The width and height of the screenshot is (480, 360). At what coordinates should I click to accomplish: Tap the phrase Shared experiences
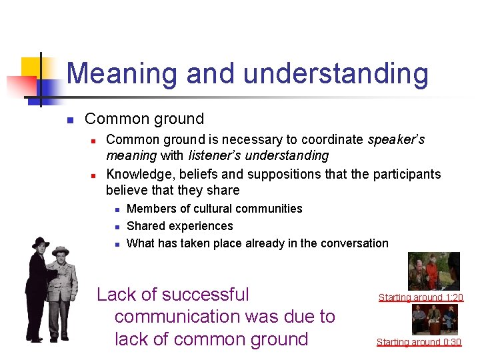point(179,226)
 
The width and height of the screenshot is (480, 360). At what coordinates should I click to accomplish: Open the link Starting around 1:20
point(421,297)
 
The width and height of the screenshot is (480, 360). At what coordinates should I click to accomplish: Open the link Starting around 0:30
point(419,342)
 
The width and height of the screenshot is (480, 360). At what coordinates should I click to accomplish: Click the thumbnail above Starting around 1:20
point(433,271)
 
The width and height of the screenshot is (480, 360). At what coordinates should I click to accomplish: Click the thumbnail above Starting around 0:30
point(435,319)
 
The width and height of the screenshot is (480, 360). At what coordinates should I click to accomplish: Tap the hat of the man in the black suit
point(41,242)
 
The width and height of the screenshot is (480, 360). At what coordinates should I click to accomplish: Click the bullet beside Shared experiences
point(116,227)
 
